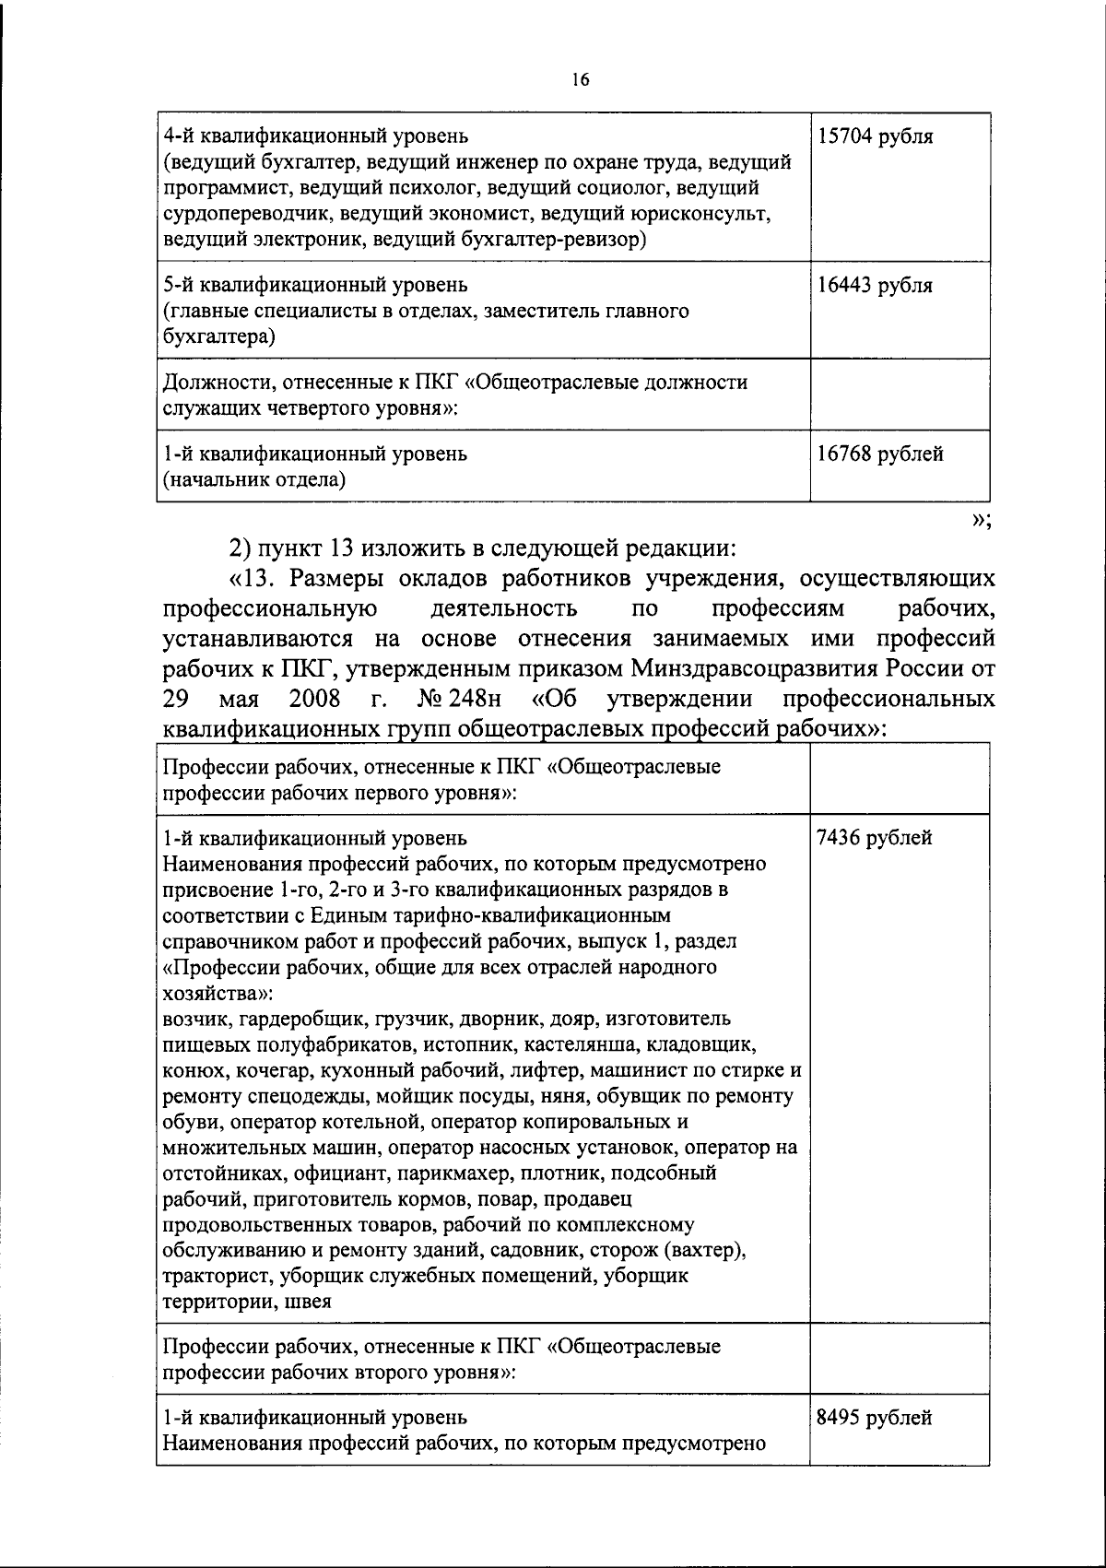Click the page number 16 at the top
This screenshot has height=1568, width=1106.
579,80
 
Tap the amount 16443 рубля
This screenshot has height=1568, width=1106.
875,286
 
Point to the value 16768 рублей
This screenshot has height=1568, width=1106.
880,454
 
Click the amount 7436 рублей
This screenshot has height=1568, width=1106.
874,838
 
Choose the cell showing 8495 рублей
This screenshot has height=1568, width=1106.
874,1418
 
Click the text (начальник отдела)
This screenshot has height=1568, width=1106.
254,479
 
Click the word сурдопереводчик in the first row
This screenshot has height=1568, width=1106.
245,215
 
